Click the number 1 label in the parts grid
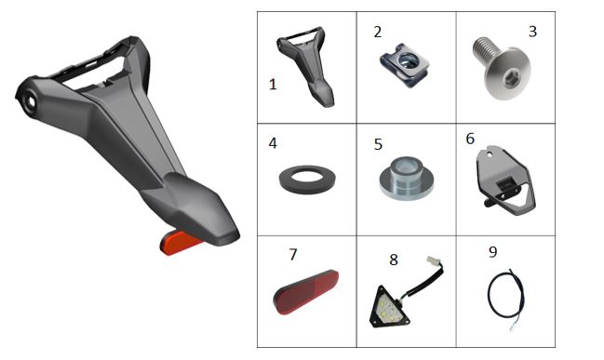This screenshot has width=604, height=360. tap(273, 85)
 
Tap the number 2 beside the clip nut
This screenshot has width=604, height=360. tap(378, 32)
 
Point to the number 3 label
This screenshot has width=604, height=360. tap(532, 32)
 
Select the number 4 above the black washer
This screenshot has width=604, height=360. tap(273, 143)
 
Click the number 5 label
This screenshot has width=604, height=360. tap(378, 144)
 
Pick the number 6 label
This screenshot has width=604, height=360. tap(470, 139)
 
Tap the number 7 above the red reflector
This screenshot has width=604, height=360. tap(293, 255)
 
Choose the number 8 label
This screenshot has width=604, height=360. tap(394, 260)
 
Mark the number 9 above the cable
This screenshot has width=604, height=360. tap(492, 252)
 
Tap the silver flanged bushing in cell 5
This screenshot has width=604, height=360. tap(407, 178)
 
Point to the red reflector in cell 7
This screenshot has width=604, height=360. tap(306, 292)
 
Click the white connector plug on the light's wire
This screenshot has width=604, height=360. tap(432, 260)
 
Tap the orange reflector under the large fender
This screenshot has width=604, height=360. tap(178, 242)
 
